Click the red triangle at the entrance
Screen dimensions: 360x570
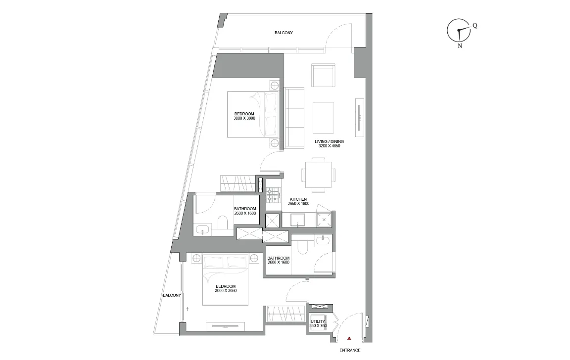tap(349, 339)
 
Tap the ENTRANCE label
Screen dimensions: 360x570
tap(350, 350)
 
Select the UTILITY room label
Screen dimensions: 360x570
tap(318, 321)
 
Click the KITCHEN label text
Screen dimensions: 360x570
tap(298, 199)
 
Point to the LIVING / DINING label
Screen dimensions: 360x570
tap(329, 141)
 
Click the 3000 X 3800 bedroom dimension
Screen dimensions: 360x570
tap(244, 118)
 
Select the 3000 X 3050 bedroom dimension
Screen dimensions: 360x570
tap(226, 290)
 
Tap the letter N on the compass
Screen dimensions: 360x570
tap(460, 45)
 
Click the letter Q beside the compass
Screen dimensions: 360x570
tap(475, 26)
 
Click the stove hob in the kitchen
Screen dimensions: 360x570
tap(273, 195)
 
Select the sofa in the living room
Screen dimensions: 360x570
tap(294, 118)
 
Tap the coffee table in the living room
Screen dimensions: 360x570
tap(324, 117)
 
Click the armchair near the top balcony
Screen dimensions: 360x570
tap(323, 75)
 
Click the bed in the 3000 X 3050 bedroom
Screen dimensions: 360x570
tap(225, 279)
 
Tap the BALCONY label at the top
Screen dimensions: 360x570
tap(284, 33)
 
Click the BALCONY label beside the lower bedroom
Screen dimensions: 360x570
tap(171, 295)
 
